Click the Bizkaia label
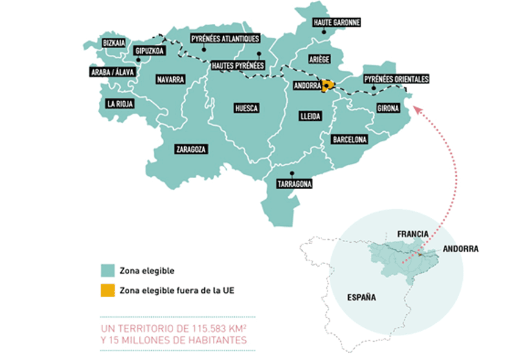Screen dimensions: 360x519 point(114,43)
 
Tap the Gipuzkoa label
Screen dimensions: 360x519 point(150,51)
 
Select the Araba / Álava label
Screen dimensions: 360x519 point(111,71)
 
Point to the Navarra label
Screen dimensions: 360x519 point(170,80)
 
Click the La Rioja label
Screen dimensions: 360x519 point(120,104)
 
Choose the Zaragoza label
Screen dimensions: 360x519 point(191,149)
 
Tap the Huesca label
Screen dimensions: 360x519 point(246,109)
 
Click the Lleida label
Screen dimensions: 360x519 point(310,116)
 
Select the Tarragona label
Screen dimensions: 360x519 point(295,184)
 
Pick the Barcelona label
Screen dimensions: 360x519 point(350,140)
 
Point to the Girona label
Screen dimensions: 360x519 point(388,109)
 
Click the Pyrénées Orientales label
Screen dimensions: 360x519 point(396,79)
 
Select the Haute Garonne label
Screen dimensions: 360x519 point(337,23)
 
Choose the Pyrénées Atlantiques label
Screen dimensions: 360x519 point(225,38)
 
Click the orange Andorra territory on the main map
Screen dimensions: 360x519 point(329,85)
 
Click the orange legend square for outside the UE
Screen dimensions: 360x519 point(107,291)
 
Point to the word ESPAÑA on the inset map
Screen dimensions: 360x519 point(361,298)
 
